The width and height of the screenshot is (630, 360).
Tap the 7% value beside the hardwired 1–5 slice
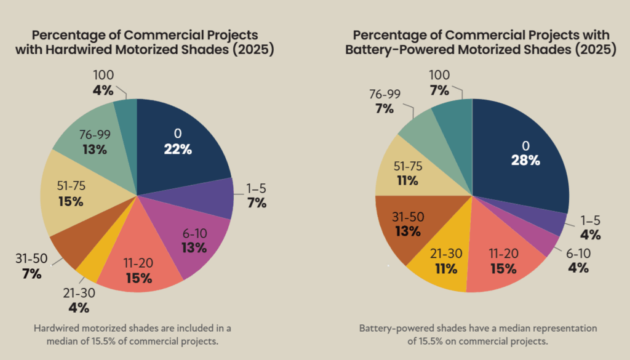click(x=257, y=202)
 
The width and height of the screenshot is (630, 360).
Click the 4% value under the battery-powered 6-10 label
click(x=578, y=268)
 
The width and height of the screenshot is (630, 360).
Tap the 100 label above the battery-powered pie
click(x=438, y=74)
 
